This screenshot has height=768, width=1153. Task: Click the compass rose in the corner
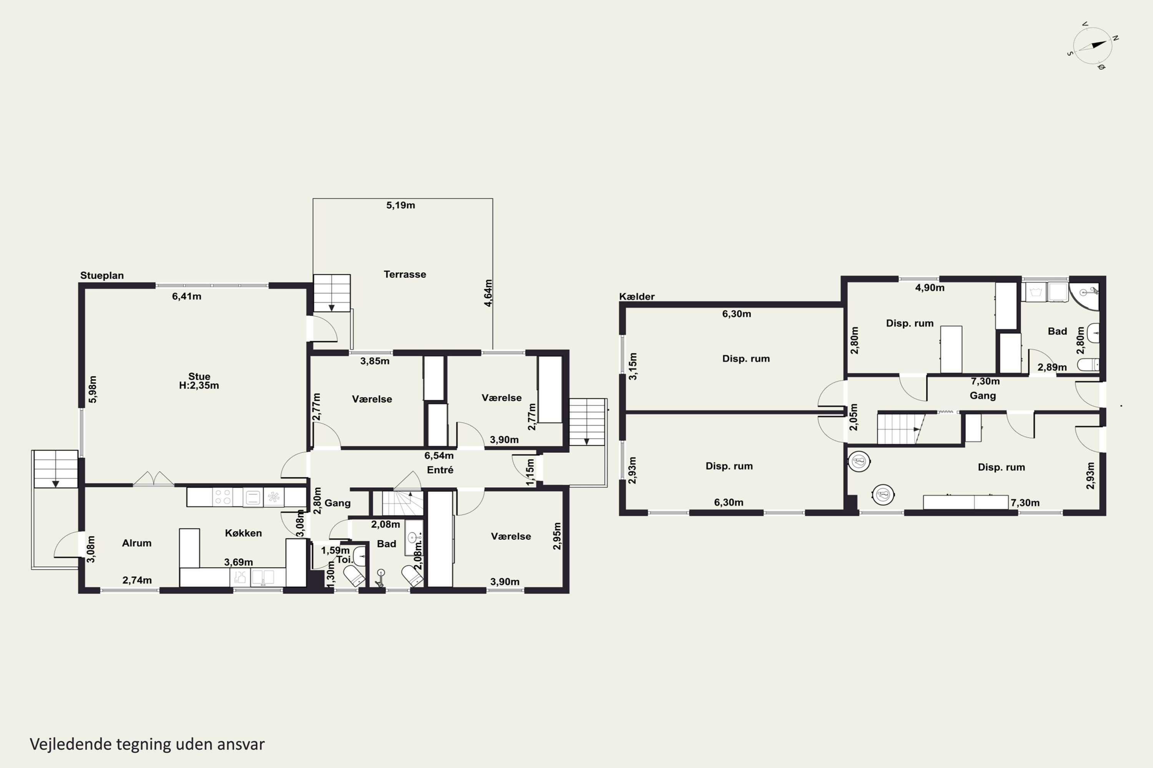[1093, 46]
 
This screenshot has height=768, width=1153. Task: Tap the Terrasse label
[404, 274]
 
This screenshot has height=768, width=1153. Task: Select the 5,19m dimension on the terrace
[400, 205]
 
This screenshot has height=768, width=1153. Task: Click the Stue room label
[199, 376]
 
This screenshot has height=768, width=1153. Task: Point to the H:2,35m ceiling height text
[199, 386]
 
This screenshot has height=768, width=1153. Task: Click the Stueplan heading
[102, 275]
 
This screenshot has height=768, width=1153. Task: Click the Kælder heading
[637, 296]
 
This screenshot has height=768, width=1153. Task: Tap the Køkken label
[243, 533]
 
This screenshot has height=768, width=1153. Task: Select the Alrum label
[137, 543]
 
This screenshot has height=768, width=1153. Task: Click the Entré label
[440, 470]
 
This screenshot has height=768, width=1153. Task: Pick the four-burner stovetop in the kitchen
[223, 497]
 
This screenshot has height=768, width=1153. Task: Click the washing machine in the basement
[1036, 292]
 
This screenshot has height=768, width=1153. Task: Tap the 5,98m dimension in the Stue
[93, 389]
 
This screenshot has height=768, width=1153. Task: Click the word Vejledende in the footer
[71, 744]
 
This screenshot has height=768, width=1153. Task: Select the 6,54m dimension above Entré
[439, 455]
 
